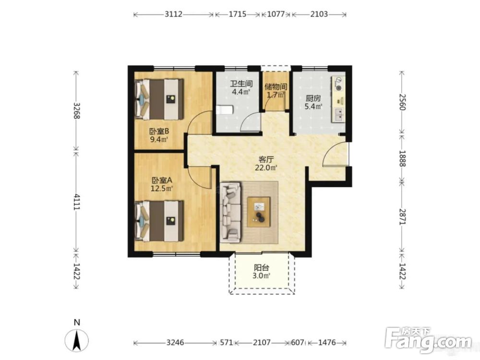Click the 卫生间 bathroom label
coord(241,83)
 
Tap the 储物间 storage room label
coord(276,86)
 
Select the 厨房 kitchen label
coord(313,98)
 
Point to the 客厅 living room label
coord(266,159)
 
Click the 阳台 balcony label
coord(262,267)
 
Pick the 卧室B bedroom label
coord(159,132)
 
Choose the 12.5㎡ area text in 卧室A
coord(162,188)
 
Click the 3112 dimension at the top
coord(174,14)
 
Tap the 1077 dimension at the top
coord(276,14)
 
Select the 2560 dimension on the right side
coord(402,102)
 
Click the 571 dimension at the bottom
coord(227,342)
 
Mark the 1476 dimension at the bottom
coord(327,342)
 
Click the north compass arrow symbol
coord(77,340)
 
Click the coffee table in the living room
coord(259,212)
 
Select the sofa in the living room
coord(230,212)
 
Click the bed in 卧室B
coord(159,99)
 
